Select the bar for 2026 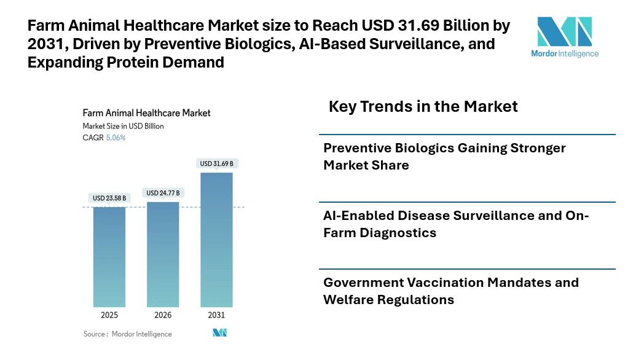click(x=163, y=254)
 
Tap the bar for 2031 click(x=216, y=240)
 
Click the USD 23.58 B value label click(x=109, y=198)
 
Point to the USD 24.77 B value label click(x=163, y=193)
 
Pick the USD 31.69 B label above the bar click(x=216, y=163)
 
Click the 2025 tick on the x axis click(x=109, y=315)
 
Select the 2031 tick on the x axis click(x=216, y=315)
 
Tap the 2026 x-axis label click(x=163, y=315)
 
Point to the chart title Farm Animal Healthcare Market click(x=146, y=113)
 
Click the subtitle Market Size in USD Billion click(x=123, y=126)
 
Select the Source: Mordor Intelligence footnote click(x=128, y=334)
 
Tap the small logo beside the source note click(x=220, y=333)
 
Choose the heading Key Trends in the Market click(x=423, y=106)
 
